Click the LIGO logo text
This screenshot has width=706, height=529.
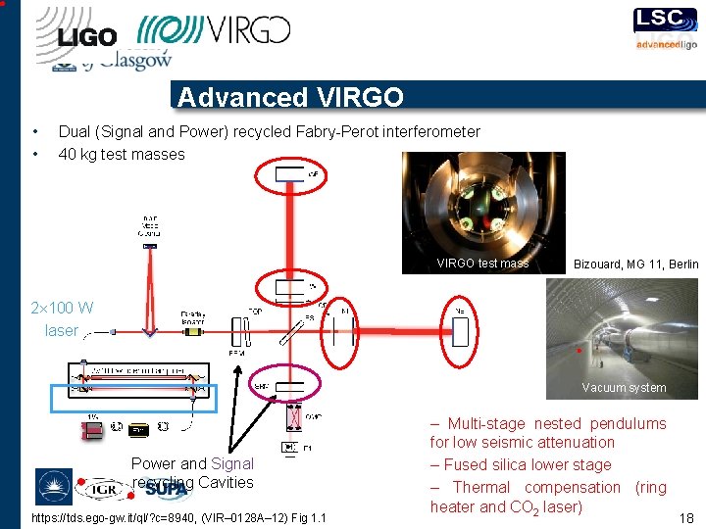[x=87, y=37]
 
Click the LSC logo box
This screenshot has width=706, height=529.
[x=666, y=20]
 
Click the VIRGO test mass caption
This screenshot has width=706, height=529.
[x=482, y=263]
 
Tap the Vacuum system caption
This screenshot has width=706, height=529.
[x=624, y=388]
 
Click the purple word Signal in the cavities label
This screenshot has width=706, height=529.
[x=232, y=463]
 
